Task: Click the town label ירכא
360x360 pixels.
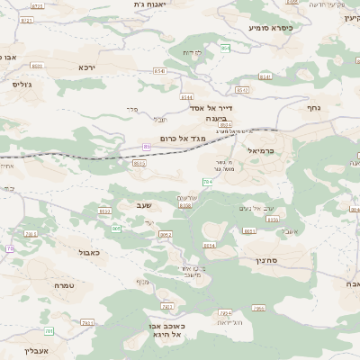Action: pos(86,67)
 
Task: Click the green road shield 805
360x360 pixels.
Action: pos(116,229)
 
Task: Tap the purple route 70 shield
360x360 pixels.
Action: pos(10,248)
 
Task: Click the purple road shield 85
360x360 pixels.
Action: pos(146,147)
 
